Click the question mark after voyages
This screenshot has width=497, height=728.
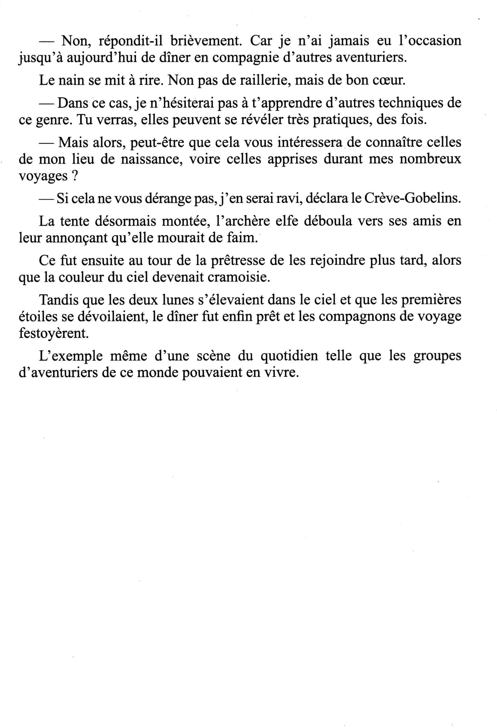(x=75, y=176)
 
